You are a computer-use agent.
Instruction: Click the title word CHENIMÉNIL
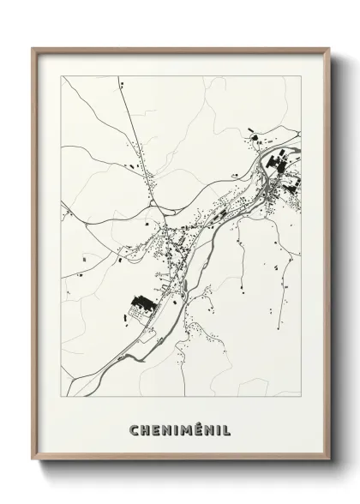[180, 429]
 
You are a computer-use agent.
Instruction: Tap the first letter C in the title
[134, 429]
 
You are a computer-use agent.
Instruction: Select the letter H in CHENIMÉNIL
[145, 429]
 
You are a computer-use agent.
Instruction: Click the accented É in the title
[198, 428]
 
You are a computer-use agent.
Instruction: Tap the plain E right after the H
[155, 429]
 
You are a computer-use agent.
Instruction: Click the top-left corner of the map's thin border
[61, 75]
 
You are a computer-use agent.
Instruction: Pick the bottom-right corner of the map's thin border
[300, 397]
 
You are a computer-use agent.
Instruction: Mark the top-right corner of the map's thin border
[300, 75]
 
